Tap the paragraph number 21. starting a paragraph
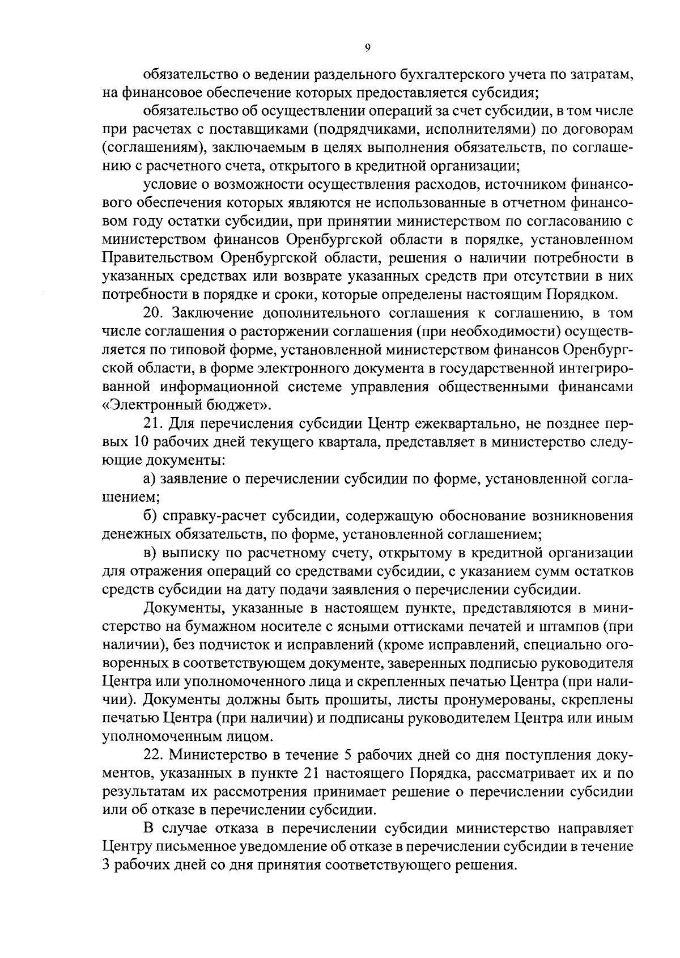tap(154, 424)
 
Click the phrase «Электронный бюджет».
tap(186, 405)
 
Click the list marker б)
tap(150, 516)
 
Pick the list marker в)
tap(150, 553)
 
